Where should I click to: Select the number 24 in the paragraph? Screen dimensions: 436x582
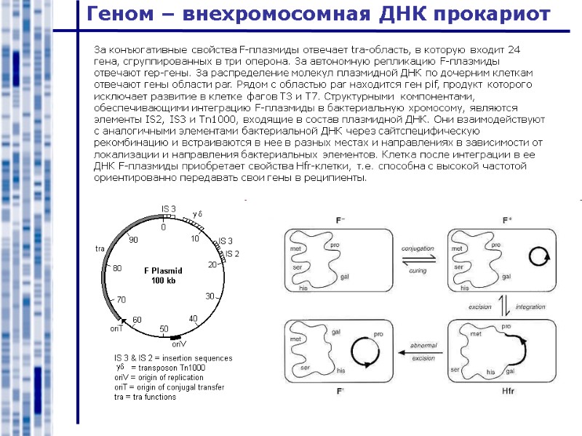point(513,49)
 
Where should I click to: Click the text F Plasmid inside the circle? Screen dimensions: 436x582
point(164,270)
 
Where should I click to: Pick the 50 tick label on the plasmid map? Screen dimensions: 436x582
point(164,329)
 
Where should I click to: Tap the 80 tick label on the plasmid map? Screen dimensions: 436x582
point(117,268)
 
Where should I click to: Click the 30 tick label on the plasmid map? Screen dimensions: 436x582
point(210,296)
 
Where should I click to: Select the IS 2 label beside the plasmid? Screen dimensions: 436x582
point(232,253)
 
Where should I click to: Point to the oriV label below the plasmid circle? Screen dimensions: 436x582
point(179,344)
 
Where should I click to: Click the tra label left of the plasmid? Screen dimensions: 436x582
point(100,249)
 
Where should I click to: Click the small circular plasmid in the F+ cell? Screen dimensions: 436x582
point(539,257)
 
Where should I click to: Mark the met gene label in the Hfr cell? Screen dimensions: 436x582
point(475,334)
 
